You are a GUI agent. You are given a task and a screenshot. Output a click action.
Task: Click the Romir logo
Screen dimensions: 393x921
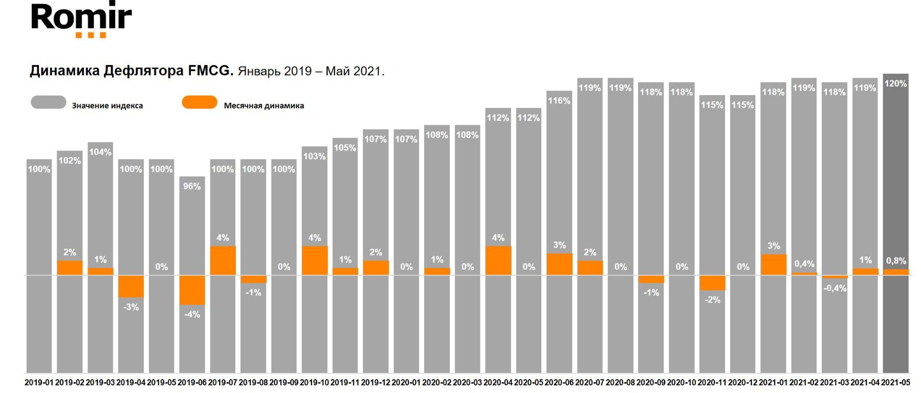[81, 19]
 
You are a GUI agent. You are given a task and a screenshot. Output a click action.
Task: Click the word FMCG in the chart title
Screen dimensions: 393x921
[210, 71]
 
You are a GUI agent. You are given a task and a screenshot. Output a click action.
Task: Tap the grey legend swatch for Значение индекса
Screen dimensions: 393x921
[49, 102]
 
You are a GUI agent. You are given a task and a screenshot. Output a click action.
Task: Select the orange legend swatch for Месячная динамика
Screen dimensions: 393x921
[200, 102]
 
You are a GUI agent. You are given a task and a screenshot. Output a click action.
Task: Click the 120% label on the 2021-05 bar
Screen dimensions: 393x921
[895, 83]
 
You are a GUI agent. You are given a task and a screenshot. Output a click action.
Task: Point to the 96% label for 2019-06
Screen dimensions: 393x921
[192, 186]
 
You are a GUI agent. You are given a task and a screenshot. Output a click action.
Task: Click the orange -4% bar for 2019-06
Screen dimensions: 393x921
[192, 290]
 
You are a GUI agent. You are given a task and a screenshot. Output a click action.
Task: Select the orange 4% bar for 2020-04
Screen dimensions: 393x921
[498, 260]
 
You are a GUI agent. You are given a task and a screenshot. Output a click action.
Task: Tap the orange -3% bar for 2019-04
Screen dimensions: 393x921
[131, 287]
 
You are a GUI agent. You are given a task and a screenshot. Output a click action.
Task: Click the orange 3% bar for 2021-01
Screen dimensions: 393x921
[774, 265]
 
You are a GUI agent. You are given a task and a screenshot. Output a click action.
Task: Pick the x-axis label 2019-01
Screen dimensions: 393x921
[39, 383]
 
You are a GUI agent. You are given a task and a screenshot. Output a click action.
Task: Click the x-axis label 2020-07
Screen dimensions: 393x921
[589, 383]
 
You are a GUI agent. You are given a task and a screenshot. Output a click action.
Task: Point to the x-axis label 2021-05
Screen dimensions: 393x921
[895, 383]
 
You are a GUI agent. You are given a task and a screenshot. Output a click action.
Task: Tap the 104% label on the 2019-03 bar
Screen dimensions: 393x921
[100, 152]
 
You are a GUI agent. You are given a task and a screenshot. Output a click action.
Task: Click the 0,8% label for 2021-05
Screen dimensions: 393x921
[896, 261]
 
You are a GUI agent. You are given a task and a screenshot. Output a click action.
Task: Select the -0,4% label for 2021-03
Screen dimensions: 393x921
[835, 289]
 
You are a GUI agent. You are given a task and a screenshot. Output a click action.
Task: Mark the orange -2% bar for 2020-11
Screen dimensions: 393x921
[712, 283]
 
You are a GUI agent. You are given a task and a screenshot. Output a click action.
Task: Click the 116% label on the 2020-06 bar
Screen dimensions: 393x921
[559, 101]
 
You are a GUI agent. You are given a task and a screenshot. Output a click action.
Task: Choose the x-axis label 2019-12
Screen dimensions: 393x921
[376, 383]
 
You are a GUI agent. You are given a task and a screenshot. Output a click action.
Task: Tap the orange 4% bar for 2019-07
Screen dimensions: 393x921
[223, 260]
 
